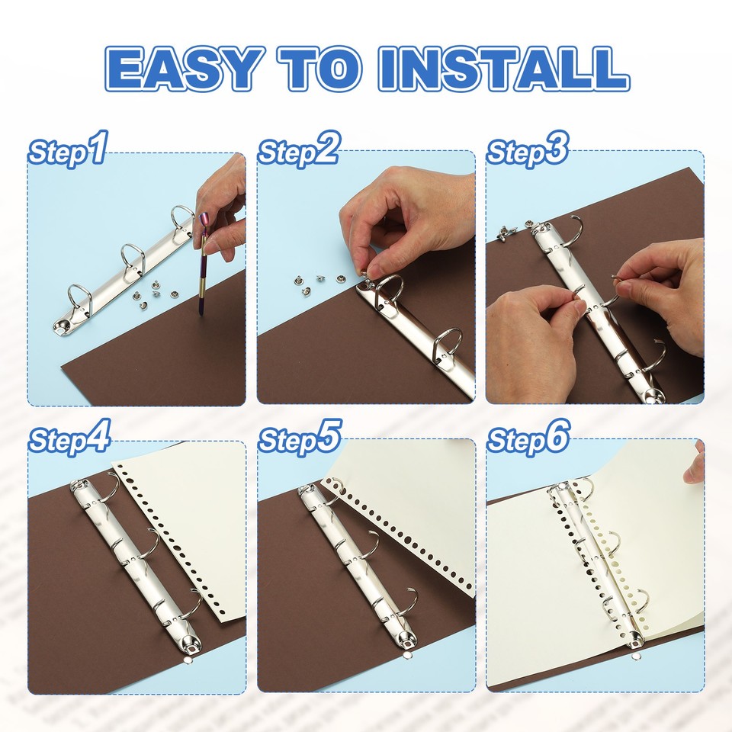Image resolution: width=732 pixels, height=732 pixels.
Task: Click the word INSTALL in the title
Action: [503, 69]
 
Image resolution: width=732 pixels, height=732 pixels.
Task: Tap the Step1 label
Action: [68, 150]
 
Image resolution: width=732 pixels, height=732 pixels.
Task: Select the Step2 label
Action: [297, 150]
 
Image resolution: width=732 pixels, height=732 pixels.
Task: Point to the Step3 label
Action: [527, 150]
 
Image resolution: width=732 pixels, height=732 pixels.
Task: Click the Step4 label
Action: [69, 438]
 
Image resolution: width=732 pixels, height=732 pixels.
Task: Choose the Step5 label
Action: [298, 438]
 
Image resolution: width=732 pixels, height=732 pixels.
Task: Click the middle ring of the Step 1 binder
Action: [131, 259]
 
